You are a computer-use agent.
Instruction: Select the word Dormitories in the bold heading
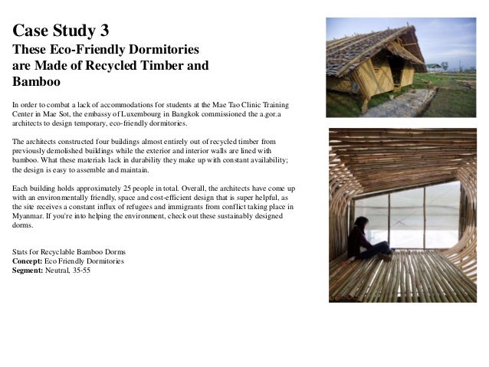click(x=162, y=50)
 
